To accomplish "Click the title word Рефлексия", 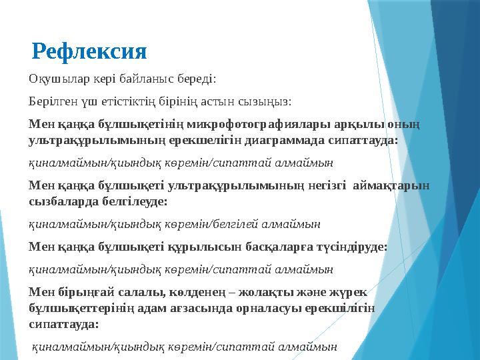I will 89,50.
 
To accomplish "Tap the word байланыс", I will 149,81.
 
